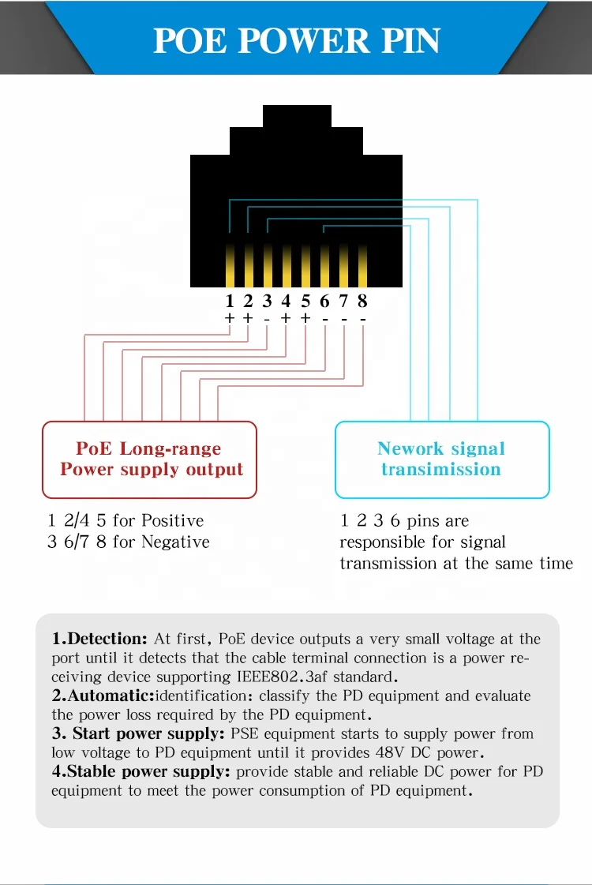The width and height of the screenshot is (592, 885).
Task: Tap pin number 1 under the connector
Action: pos(230,301)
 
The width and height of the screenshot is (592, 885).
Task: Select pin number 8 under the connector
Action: pos(362,301)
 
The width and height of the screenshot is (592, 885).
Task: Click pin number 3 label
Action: pos(268,301)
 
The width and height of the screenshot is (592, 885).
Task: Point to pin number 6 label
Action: pos(324,301)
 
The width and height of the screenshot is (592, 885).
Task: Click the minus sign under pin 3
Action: pos(268,318)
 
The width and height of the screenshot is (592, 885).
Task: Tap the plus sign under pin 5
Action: pos(305,318)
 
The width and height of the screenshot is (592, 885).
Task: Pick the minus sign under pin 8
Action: pos(362,318)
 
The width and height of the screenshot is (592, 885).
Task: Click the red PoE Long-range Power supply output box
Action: pos(149,459)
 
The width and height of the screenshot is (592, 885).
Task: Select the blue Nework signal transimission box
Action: pos(441,459)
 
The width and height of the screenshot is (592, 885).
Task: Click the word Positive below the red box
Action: pos(171,520)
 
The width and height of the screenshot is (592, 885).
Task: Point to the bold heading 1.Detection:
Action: pos(99,639)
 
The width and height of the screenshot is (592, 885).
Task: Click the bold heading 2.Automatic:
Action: pos(103,696)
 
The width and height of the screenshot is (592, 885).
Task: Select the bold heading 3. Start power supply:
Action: pos(138,733)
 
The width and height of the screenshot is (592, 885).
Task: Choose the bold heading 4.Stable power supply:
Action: pos(141,771)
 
